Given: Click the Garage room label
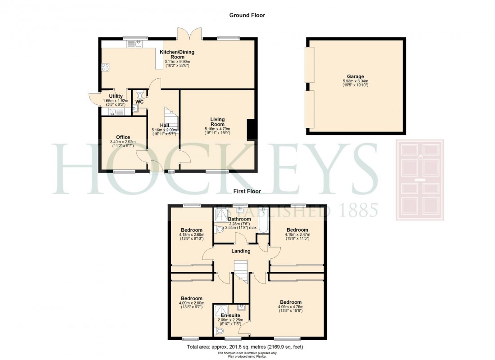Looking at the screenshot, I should [x=355, y=76].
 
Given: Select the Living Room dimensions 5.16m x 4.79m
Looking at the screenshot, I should [x=217, y=129].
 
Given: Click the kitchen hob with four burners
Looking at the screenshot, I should [x=106, y=67].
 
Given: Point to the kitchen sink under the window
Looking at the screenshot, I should [x=135, y=44].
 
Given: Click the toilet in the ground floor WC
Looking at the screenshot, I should [x=139, y=95].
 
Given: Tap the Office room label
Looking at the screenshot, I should [x=123, y=137].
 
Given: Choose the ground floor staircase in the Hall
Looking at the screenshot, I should [x=171, y=120].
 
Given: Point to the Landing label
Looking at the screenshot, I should [x=241, y=251].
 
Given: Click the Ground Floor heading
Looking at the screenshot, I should [x=247, y=15].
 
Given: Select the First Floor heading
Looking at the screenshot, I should [x=247, y=191].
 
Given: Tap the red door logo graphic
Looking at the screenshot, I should [x=419, y=180].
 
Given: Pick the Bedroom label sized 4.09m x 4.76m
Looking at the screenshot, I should [x=290, y=302].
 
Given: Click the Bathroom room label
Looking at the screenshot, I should [x=239, y=219].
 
